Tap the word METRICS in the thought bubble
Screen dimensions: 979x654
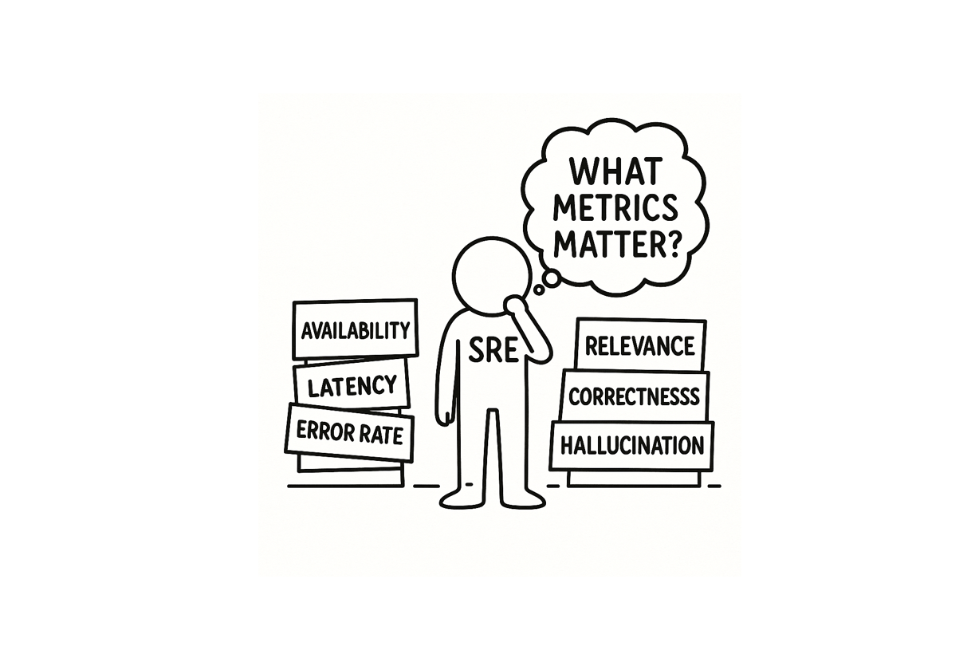click(615, 208)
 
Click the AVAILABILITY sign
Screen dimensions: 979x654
click(356, 329)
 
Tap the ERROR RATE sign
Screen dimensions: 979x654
click(349, 432)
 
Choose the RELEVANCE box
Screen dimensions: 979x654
click(640, 345)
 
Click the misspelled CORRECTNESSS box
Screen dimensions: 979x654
click(634, 396)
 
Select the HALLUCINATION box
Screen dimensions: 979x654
click(632, 446)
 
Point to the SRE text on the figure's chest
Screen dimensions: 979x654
click(493, 350)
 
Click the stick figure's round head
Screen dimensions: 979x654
click(492, 276)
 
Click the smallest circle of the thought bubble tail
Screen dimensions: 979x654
click(539, 290)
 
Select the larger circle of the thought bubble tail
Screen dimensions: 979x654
click(552, 278)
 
